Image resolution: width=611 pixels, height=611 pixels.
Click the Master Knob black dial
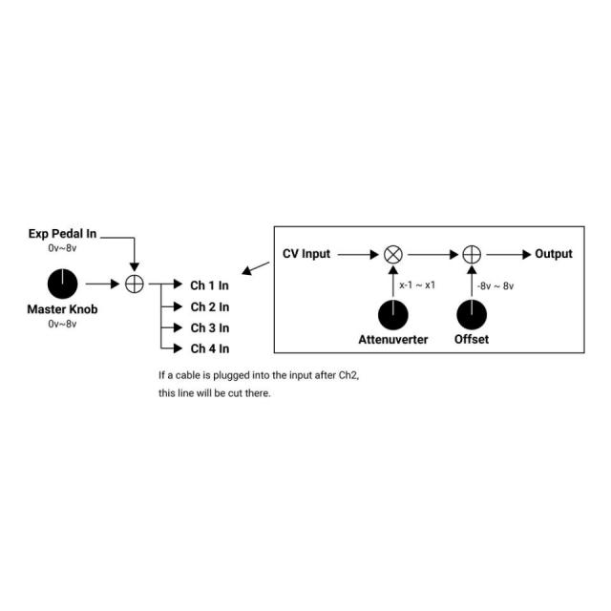point(62,284)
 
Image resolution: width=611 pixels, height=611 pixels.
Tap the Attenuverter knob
point(393,315)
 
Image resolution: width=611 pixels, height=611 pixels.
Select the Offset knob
point(472,315)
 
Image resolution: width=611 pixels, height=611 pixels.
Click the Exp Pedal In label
point(62,234)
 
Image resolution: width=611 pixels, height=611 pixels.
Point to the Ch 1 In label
point(209,285)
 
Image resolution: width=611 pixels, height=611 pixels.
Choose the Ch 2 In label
point(210,307)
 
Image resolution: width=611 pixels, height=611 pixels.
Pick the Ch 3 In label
point(210,328)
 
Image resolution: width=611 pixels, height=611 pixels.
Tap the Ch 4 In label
point(210,348)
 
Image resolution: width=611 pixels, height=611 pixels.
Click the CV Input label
point(306,254)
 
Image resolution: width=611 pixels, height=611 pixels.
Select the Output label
point(554,254)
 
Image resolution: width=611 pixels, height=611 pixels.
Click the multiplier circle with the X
point(393,255)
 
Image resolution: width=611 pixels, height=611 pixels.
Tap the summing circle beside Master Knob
point(135,284)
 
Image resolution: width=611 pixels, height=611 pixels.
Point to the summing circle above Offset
point(472,255)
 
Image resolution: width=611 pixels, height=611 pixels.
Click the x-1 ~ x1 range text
point(417,285)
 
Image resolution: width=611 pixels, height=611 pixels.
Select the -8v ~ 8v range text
point(495,286)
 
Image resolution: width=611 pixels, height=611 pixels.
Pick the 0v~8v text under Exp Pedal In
point(62,248)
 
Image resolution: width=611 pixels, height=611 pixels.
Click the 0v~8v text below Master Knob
point(62,324)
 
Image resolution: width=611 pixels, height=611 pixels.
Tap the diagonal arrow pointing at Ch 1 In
point(255,268)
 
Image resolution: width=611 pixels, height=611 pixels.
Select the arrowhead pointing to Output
point(527,255)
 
